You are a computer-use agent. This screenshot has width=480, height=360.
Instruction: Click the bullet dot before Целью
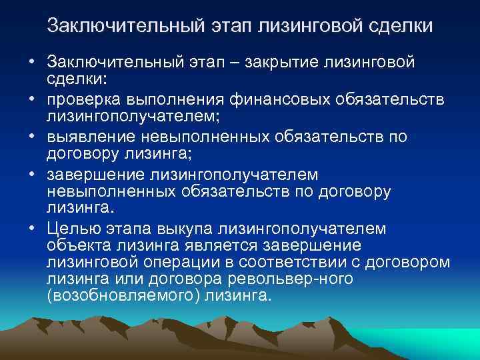click(32, 229)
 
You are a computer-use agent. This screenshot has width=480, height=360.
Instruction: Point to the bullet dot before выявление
click(32, 137)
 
